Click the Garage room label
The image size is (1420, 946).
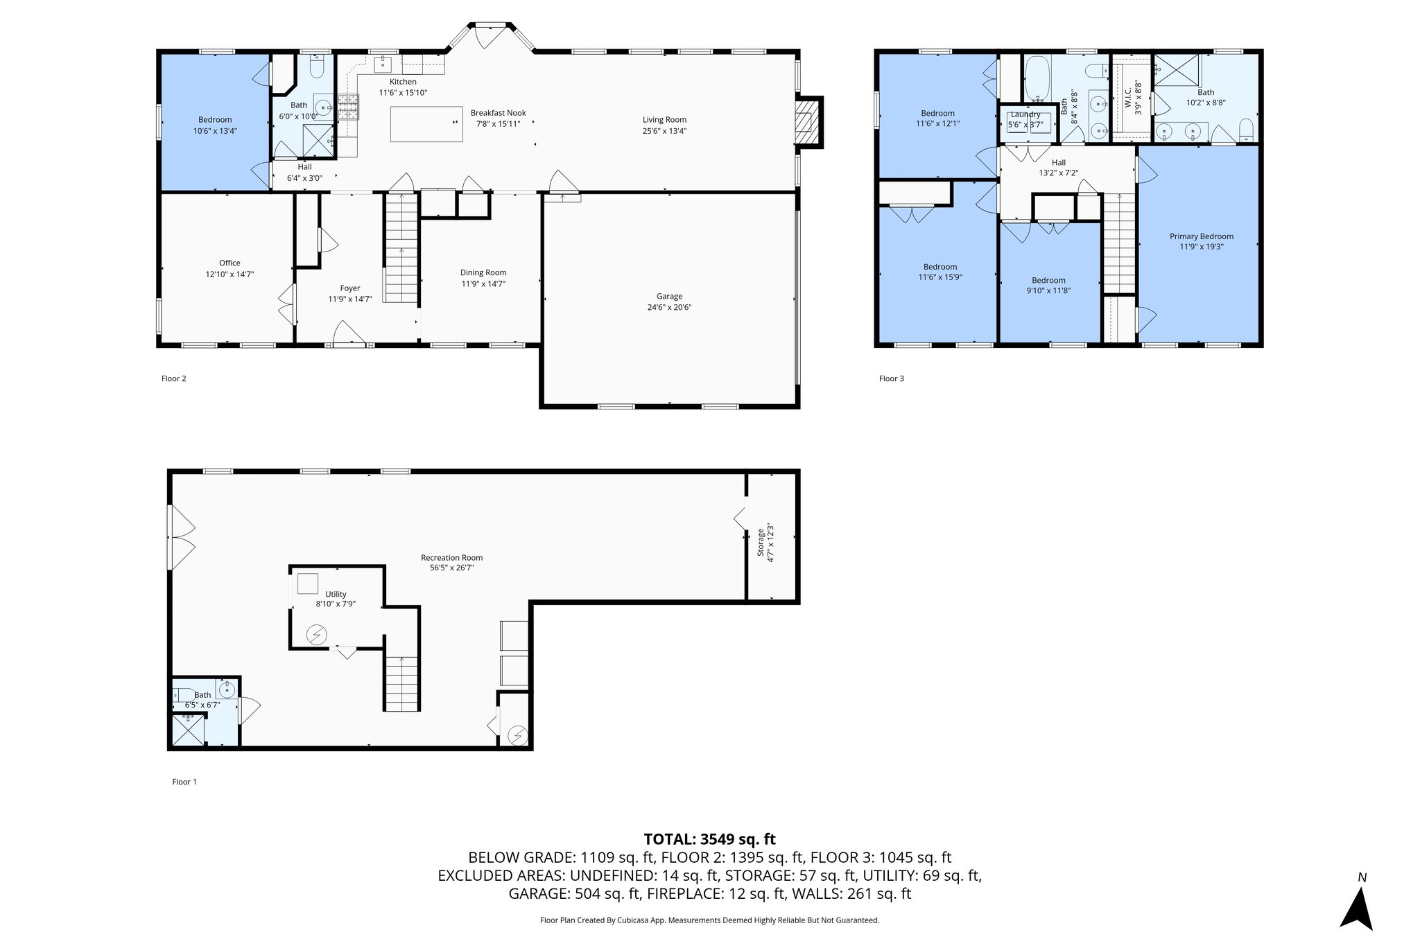[669, 297]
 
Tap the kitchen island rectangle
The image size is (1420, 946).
[426, 124]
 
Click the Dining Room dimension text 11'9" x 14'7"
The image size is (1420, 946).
[483, 283]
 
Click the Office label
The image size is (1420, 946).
[230, 263]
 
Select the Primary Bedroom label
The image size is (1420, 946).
[1201, 236]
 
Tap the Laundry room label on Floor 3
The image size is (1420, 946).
[1025, 115]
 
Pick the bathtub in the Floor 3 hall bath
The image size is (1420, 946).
[1037, 80]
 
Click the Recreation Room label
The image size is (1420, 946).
[451, 558]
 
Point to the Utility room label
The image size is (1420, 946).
[336, 595]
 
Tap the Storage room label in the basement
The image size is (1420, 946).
[761, 543]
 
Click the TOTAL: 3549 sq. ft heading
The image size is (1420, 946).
[709, 839]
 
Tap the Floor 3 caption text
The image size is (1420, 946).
[891, 378]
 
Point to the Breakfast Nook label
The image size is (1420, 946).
[498, 113]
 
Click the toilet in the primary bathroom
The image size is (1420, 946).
[1245, 130]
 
